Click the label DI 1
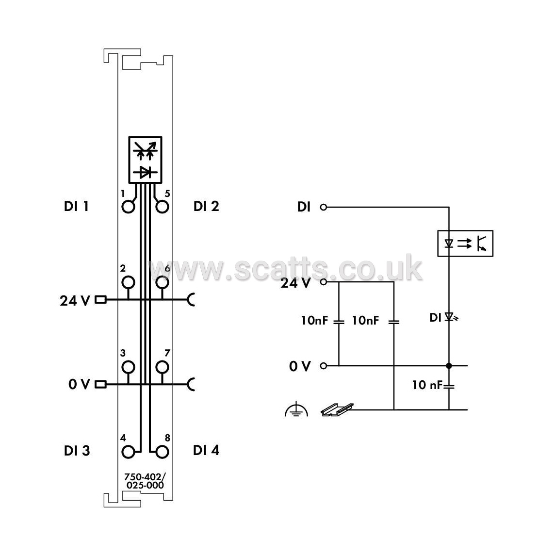tap(76, 206)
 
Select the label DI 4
tap(206, 451)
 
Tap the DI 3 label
tap(77, 451)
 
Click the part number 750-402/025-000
tap(145, 481)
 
